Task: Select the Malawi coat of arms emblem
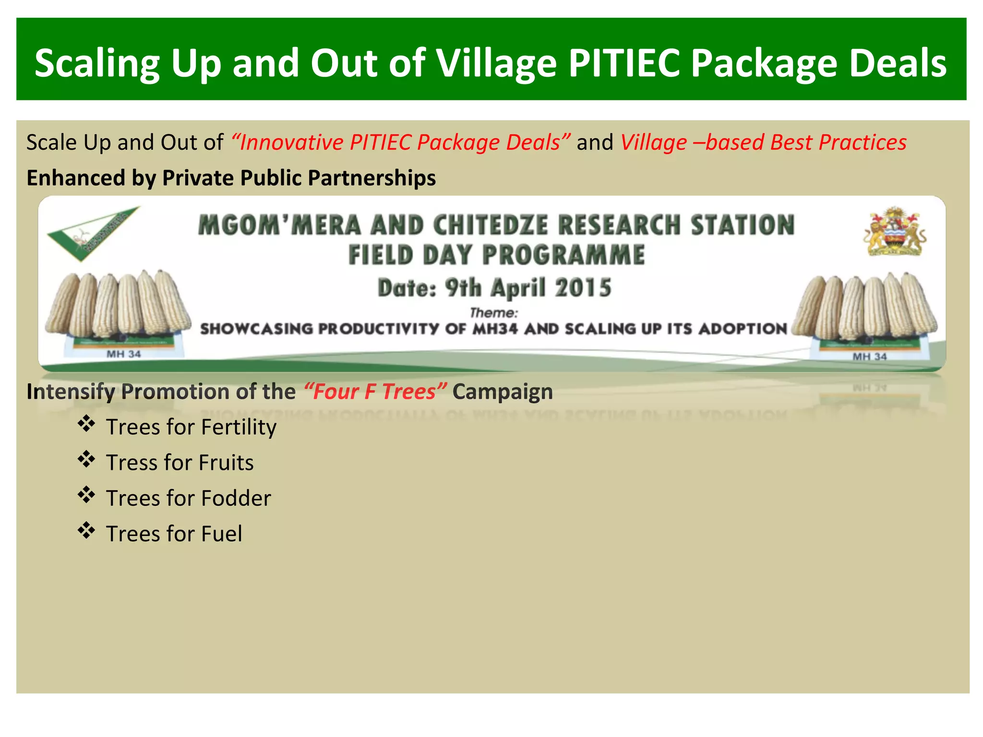(x=895, y=231)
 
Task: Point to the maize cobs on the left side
(x=118, y=304)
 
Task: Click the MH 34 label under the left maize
(x=123, y=354)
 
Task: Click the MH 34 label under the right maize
(x=869, y=357)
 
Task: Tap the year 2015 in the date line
(x=583, y=288)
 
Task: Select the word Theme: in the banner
(x=493, y=313)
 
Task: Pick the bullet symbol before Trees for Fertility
(x=86, y=425)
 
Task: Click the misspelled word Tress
(x=132, y=463)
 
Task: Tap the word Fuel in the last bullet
(x=221, y=534)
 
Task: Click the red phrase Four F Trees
(x=375, y=392)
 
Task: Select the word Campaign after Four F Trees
(x=502, y=392)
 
